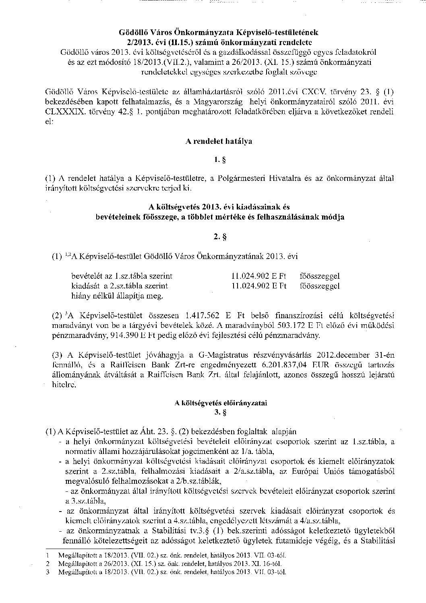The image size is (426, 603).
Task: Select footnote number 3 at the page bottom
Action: [x=48, y=571]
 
